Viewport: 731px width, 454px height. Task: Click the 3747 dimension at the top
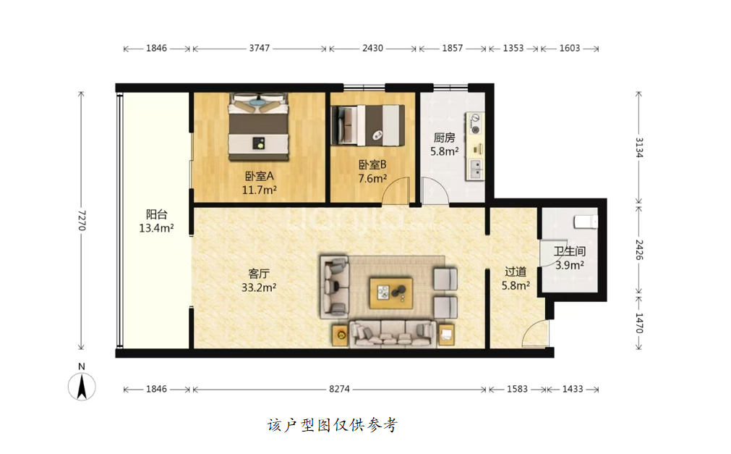coord(259,48)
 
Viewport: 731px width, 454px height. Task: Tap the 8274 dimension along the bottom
coord(339,389)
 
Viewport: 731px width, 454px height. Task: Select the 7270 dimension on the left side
coord(82,220)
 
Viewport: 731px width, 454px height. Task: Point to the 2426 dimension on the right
coord(639,250)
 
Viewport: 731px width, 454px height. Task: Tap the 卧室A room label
coord(259,176)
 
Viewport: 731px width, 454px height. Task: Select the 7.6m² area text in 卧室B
coord(372,178)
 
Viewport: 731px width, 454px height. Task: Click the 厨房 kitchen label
coord(444,138)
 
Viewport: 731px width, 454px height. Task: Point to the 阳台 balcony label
coord(157,214)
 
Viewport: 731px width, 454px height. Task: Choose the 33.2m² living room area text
coord(259,287)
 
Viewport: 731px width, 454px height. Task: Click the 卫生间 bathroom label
coord(570,251)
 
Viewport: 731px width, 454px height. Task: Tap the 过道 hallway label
coord(516,272)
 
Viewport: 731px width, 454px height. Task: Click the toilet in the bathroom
coord(586,222)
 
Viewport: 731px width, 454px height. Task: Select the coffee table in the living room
coord(391,293)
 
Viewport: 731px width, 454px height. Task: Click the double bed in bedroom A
coord(259,127)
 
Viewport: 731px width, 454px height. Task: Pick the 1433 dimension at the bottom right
coord(573,389)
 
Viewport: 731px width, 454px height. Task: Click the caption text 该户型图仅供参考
coord(333,424)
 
